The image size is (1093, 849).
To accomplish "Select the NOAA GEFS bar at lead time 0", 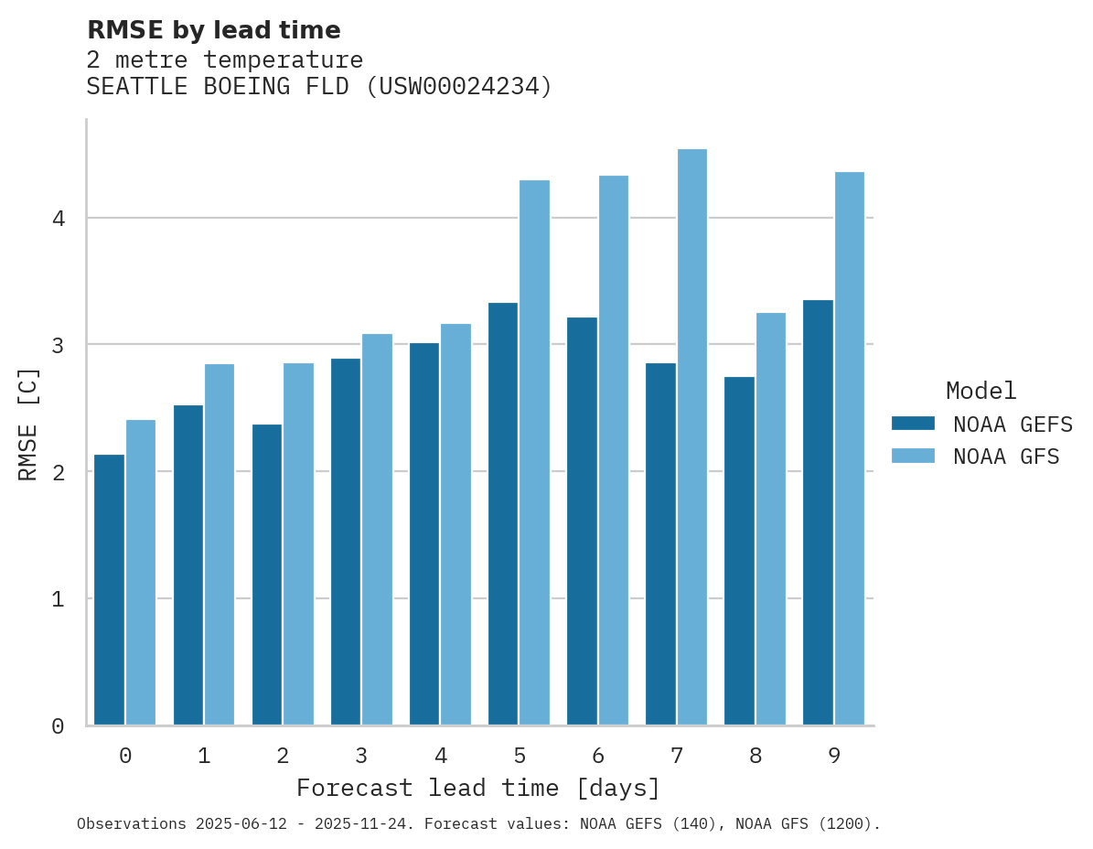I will pos(109,590).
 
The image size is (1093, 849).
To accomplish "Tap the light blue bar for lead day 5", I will pos(534,453).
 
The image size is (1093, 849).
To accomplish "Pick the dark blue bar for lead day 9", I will pos(818,512).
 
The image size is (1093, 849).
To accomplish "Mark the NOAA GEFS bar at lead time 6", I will pos(582,521).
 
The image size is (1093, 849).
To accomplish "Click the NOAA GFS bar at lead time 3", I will pos(377,530).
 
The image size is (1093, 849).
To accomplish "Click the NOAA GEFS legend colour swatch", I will pos(913,424).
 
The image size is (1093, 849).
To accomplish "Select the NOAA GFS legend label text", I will pos(1006,457).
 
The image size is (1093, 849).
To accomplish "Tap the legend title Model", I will pos(980,391).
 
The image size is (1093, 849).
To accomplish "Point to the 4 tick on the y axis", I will pos(57,219).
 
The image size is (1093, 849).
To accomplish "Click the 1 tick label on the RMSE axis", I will pos(57,599).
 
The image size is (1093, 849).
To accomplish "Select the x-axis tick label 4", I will pos(440,757).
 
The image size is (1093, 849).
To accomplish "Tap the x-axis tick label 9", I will pos(834,757).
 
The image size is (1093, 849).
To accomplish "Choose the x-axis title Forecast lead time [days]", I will pos(477,788).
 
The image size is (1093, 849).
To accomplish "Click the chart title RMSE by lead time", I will pos(213,30).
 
